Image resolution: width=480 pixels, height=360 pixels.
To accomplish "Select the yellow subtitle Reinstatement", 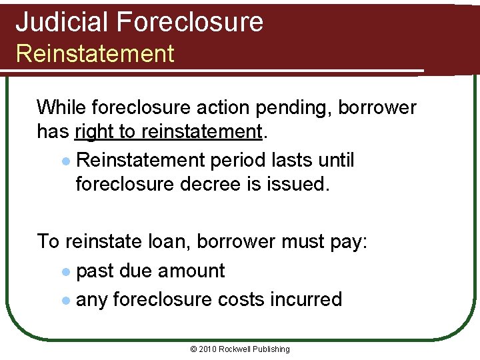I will (95, 53).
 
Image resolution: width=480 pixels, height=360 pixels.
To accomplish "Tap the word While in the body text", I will (61, 107).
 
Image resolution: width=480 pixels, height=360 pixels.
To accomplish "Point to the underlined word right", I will (94, 132).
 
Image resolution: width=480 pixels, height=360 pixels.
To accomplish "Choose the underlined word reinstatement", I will (201, 132).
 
